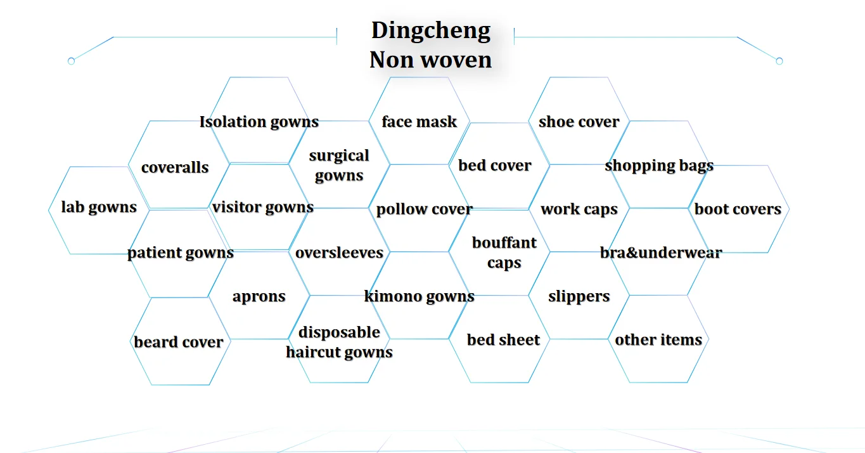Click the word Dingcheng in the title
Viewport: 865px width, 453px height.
[x=431, y=31]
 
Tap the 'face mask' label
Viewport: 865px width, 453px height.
[x=419, y=122]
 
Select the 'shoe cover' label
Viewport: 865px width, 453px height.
[x=579, y=122]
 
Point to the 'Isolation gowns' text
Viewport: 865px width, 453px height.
[x=259, y=122]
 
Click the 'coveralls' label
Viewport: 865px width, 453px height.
[x=175, y=167]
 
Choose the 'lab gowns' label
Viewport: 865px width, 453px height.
[x=99, y=207]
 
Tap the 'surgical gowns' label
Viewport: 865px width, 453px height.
[x=339, y=166]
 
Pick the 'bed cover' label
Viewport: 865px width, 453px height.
[x=495, y=166]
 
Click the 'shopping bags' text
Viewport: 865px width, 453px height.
[x=659, y=166]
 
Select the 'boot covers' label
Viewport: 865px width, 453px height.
[x=738, y=209]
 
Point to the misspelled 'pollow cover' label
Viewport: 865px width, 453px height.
[x=425, y=209]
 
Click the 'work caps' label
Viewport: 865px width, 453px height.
[x=579, y=209]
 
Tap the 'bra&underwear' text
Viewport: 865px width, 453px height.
[x=661, y=253]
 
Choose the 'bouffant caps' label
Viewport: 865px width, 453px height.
[x=504, y=253]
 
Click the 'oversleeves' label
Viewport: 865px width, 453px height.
[x=339, y=253]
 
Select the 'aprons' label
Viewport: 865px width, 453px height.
[x=259, y=297]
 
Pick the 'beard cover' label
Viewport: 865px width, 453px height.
[x=179, y=342]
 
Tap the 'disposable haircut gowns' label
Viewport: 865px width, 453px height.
[x=339, y=343]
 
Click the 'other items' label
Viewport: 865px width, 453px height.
[x=658, y=340]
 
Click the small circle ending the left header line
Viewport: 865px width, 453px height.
[x=71, y=61]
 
